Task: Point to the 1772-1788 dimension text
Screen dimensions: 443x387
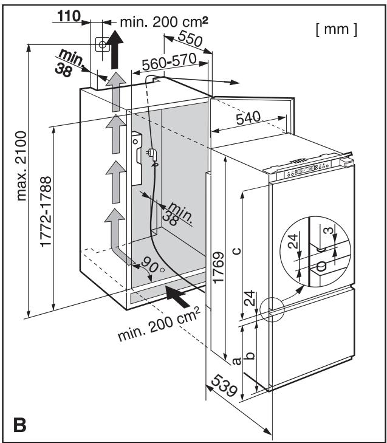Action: click(x=44, y=218)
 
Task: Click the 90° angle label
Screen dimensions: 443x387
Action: click(x=147, y=268)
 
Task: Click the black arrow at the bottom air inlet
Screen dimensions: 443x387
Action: click(x=182, y=296)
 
